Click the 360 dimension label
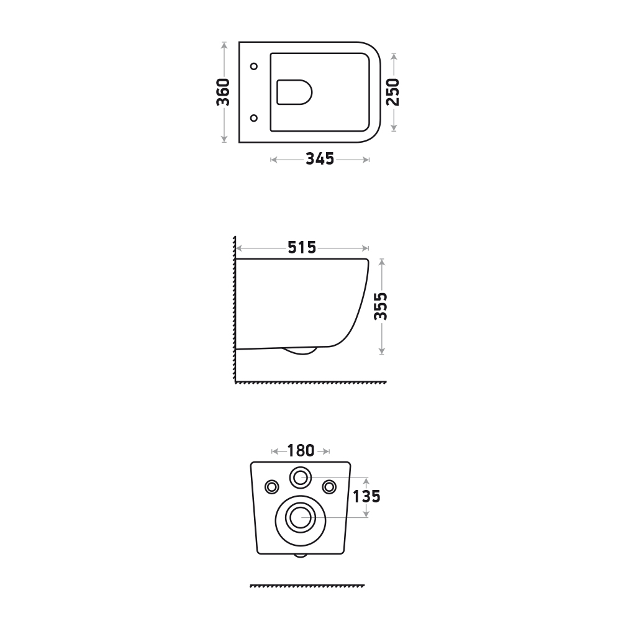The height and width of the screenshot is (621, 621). pyautogui.click(x=223, y=93)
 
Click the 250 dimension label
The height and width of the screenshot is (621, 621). pyautogui.click(x=393, y=93)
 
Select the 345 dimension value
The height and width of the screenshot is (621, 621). pyautogui.click(x=320, y=159)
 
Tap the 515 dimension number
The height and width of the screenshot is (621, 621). pyautogui.click(x=302, y=248)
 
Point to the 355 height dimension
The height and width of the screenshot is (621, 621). pyautogui.click(x=381, y=306)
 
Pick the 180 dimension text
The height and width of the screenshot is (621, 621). pyautogui.click(x=301, y=451)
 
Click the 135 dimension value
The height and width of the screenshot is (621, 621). pyautogui.click(x=366, y=497)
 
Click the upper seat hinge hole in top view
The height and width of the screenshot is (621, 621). pyautogui.click(x=254, y=66)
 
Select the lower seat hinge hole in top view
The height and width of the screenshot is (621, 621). pyautogui.click(x=254, y=118)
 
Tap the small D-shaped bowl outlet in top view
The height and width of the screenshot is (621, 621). pyautogui.click(x=294, y=93)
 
